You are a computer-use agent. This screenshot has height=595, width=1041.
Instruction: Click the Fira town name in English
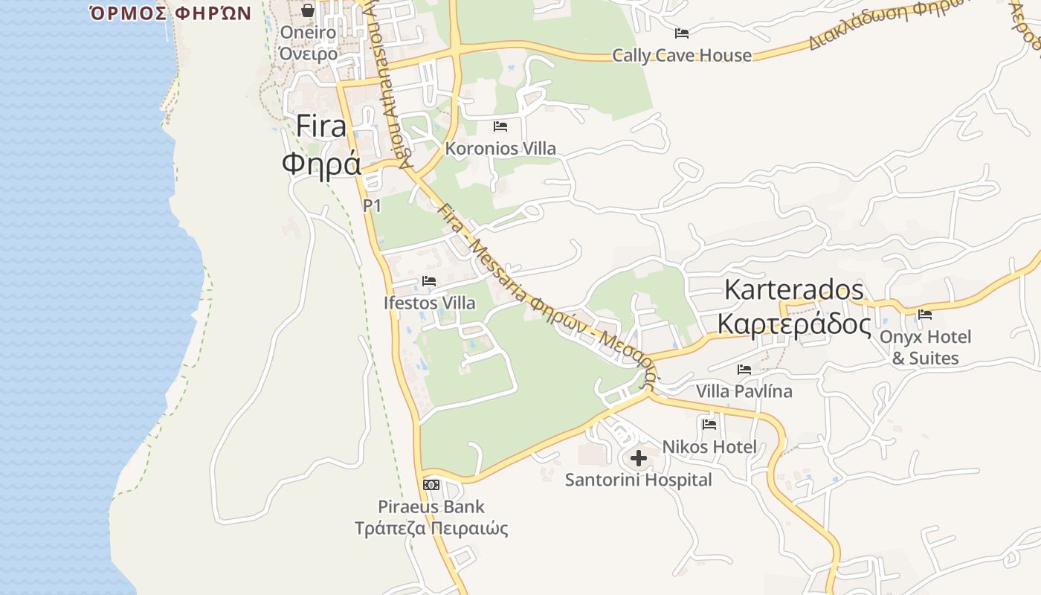(x=321, y=126)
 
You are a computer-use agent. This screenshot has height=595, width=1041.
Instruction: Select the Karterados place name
(x=794, y=289)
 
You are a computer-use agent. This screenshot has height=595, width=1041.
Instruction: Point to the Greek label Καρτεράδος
(x=794, y=324)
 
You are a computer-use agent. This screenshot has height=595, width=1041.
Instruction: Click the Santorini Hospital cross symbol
(x=638, y=457)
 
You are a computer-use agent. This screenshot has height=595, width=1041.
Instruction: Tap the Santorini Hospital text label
(x=638, y=480)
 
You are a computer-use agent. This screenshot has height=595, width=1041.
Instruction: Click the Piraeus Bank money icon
(x=431, y=485)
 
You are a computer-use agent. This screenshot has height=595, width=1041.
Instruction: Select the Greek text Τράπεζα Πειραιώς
(x=431, y=529)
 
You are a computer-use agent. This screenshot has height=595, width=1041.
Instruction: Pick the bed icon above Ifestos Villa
(x=429, y=281)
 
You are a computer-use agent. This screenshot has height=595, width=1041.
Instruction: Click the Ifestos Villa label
(x=429, y=303)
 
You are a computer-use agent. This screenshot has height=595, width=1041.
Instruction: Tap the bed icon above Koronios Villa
(x=500, y=126)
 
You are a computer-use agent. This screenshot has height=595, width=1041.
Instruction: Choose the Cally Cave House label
(x=682, y=55)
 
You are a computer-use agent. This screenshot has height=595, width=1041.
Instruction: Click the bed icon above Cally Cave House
(x=682, y=33)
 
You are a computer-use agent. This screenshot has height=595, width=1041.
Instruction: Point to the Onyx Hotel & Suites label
(x=925, y=347)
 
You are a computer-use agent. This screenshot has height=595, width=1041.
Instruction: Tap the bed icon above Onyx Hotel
(x=925, y=315)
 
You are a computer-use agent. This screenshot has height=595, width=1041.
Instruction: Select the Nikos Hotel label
(x=709, y=447)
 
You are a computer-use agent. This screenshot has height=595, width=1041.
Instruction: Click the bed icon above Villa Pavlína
(x=744, y=370)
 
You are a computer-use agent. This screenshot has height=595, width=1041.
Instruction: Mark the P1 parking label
(x=372, y=205)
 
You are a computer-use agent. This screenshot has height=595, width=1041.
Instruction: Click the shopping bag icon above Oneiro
(x=308, y=10)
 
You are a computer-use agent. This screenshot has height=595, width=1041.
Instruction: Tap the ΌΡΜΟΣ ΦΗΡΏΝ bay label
(x=170, y=13)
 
